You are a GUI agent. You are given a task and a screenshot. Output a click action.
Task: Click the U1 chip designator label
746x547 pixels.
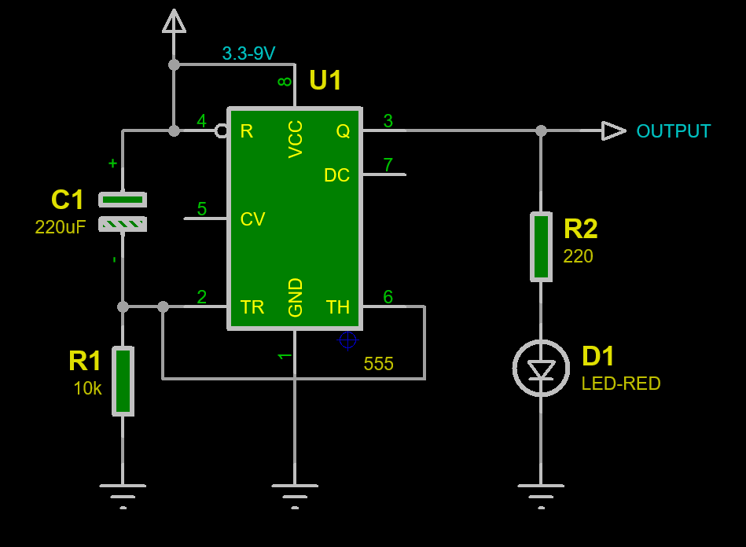tap(325, 80)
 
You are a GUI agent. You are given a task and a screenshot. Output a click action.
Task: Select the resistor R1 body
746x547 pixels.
tap(123, 381)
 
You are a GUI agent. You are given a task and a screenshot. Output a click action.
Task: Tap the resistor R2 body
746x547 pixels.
tap(541, 247)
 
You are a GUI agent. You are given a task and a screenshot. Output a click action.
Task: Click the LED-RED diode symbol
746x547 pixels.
tap(541, 368)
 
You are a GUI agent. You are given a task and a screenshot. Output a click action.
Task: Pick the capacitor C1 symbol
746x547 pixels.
tap(123, 212)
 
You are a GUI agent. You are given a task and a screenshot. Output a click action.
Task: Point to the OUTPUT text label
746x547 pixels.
tap(673, 131)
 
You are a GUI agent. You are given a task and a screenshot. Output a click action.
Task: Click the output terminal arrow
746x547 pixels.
tap(614, 130)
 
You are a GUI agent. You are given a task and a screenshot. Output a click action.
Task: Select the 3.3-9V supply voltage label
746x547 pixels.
tap(249, 53)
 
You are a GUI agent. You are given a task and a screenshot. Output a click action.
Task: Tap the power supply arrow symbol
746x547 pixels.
tap(174, 21)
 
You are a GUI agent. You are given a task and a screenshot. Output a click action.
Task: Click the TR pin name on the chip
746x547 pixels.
tap(252, 307)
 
